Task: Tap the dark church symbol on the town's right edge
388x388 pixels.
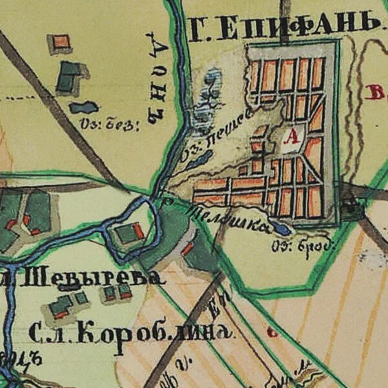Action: [351, 207]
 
